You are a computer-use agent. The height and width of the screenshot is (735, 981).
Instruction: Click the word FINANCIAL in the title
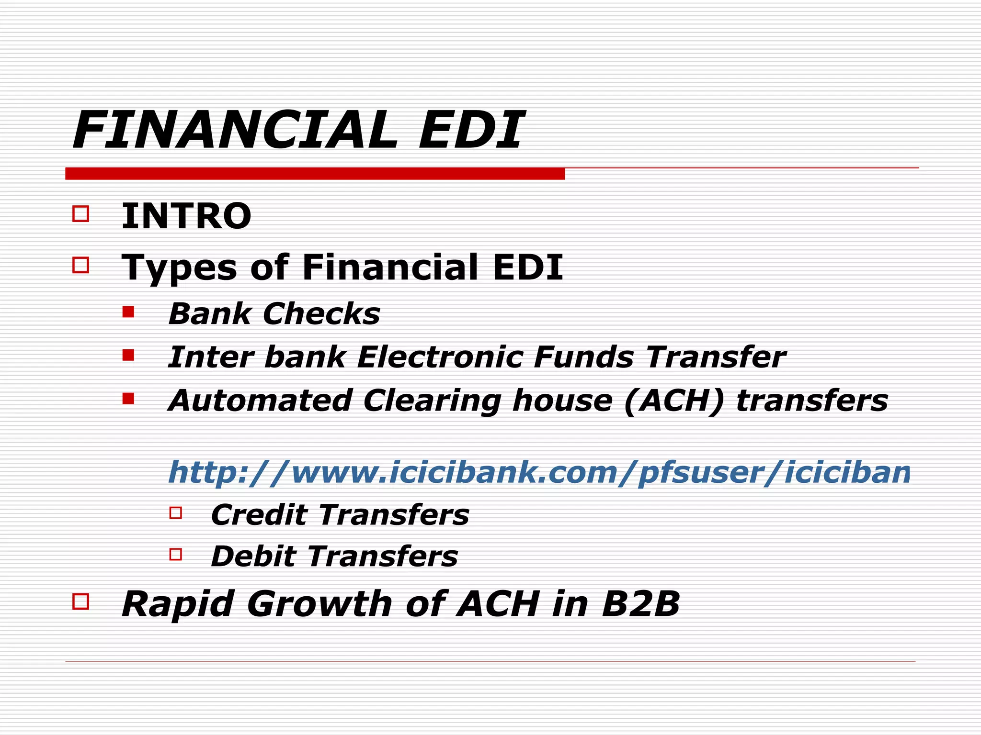[x=235, y=130]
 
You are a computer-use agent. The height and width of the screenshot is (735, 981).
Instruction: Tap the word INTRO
[x=186, y=216]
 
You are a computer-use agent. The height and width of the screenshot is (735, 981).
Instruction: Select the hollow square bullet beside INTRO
[x=81, y=213]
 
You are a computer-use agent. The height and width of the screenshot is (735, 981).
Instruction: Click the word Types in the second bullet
[x=179, y=268]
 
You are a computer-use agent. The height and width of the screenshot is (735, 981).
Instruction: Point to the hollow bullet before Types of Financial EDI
[x=81, y=265]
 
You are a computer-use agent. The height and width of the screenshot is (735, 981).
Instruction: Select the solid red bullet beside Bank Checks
[x=128, y=312]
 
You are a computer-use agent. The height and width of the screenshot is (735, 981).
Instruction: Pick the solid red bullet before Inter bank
[x=128, y=355]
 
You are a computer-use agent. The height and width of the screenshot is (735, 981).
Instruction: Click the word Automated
[x=262, y=401]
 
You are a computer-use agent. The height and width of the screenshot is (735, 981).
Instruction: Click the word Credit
[x=259, y=515]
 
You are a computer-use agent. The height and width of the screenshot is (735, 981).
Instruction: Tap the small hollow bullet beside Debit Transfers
[x=176, y=555]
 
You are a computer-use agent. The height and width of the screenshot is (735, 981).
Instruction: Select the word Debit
[x=253, y=557]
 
